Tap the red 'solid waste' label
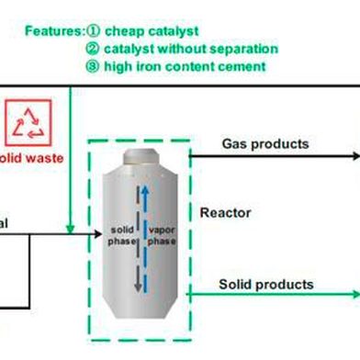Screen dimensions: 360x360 pos(31,158)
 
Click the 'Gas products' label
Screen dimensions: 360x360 pos(264,144)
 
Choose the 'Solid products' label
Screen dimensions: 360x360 pos(265,285)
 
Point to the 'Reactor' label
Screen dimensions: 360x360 pos(223,213)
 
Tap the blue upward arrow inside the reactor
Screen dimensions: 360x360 pos(143,211)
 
